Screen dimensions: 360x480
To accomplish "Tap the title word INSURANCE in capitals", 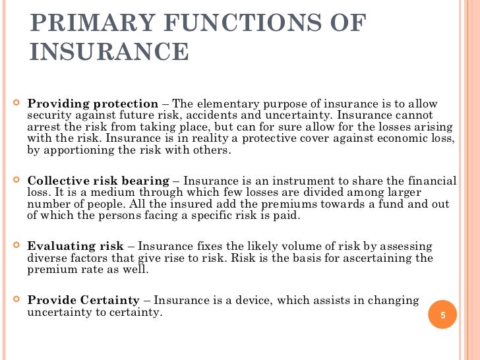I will point(109,52).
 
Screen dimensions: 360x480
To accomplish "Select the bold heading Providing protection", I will point(93,104).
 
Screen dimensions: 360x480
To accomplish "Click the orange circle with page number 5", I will point(443,315).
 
